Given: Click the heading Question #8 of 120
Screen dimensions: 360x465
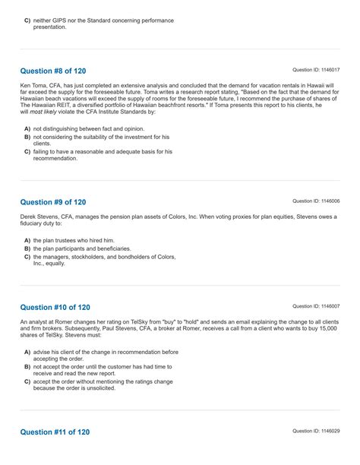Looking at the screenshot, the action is (x=52, y=71).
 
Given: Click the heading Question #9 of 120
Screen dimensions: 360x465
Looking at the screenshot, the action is (x=52, y=202).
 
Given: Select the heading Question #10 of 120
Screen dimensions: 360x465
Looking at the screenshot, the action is (x=55, y=307).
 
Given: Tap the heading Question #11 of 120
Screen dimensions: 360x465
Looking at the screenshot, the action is (x=55, y=432).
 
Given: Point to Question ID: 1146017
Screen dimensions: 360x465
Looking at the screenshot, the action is (x=316, y=71).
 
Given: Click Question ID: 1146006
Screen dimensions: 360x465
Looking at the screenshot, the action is (x=316, y=201).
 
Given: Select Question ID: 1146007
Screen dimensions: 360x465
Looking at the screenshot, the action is (x=316, y=306).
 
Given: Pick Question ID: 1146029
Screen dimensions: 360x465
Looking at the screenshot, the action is (x=316, y=431).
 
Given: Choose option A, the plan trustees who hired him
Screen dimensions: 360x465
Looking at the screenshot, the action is (x=73, y=240).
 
